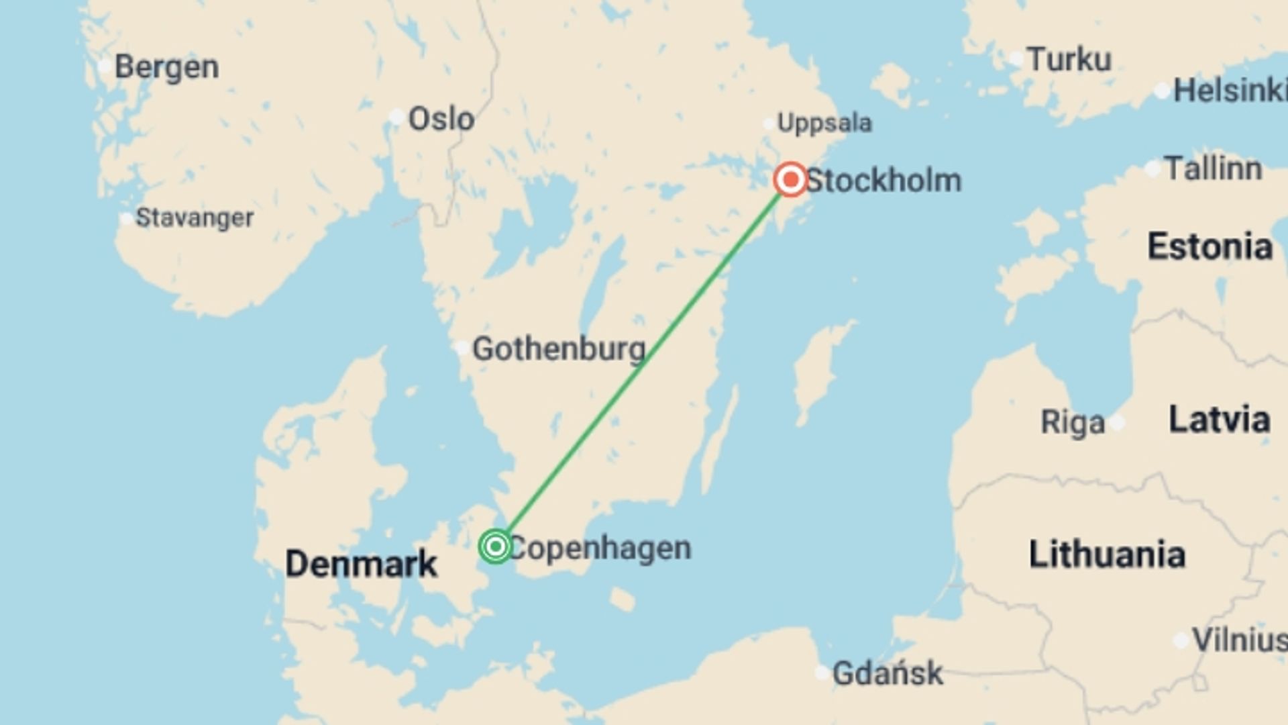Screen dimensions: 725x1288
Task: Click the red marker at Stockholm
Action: click(790, 179)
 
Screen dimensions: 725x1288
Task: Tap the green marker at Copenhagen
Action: click(496, 546)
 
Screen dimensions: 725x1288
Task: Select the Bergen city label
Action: click(166, 67)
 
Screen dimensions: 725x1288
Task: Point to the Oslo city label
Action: click(441, 119)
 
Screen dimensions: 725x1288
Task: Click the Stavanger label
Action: click(195, 217)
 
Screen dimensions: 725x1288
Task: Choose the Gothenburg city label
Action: click(559, 349)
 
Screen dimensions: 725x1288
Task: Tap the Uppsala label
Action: click(824, 123)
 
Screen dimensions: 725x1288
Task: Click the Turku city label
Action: click(1069, 59)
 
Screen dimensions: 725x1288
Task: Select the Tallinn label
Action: click(1213, 168)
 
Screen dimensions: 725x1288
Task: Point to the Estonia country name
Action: click(1210, 246)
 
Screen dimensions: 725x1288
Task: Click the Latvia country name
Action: click(1219, 420)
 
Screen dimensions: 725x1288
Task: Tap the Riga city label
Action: click(1072, 423)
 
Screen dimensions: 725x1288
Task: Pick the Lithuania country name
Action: click(1107, 554)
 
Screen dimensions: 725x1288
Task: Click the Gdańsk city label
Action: click(887, 673)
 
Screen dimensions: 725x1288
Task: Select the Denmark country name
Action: click(361, 563)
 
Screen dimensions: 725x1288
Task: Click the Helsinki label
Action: click(1229, 91)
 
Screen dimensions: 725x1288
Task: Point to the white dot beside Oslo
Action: click(396, 117)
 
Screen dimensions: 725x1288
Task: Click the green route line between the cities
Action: click(643, 363)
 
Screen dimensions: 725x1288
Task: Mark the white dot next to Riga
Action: click(1117, 423)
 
